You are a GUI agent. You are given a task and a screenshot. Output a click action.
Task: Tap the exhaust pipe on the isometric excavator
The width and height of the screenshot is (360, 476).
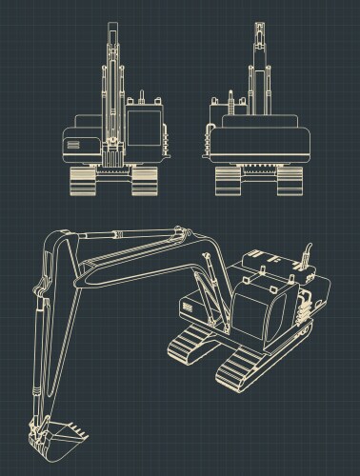pos(307,254)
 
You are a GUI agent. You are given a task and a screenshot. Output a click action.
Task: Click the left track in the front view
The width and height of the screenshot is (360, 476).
pos(82,180)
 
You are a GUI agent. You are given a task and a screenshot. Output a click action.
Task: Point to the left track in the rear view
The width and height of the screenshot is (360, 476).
pos(228,180)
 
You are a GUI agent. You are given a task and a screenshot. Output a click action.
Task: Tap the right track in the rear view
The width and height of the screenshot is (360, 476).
pos(290,180)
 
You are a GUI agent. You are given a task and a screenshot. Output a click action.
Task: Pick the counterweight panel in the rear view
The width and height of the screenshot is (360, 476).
pos(259,144)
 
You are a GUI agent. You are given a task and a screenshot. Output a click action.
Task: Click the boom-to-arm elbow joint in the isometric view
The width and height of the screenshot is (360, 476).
pos(181,233)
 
